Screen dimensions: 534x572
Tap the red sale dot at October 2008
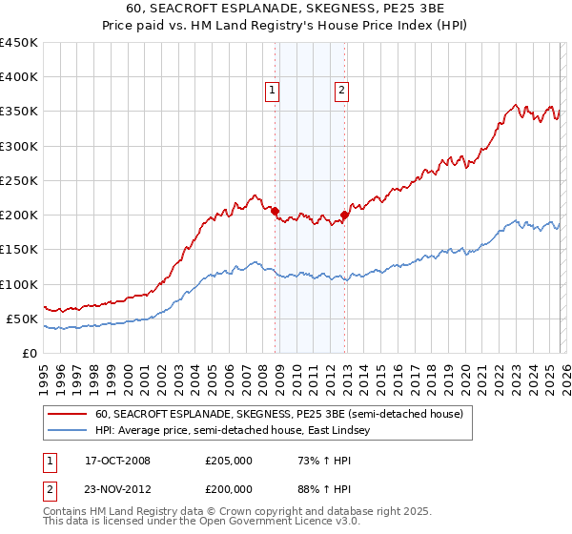coord(276,211)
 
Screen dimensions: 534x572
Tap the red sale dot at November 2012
coord(345,215)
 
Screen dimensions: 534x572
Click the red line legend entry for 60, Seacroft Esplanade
coord(278,414)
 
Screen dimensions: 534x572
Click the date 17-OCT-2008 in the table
coord(117,461)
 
